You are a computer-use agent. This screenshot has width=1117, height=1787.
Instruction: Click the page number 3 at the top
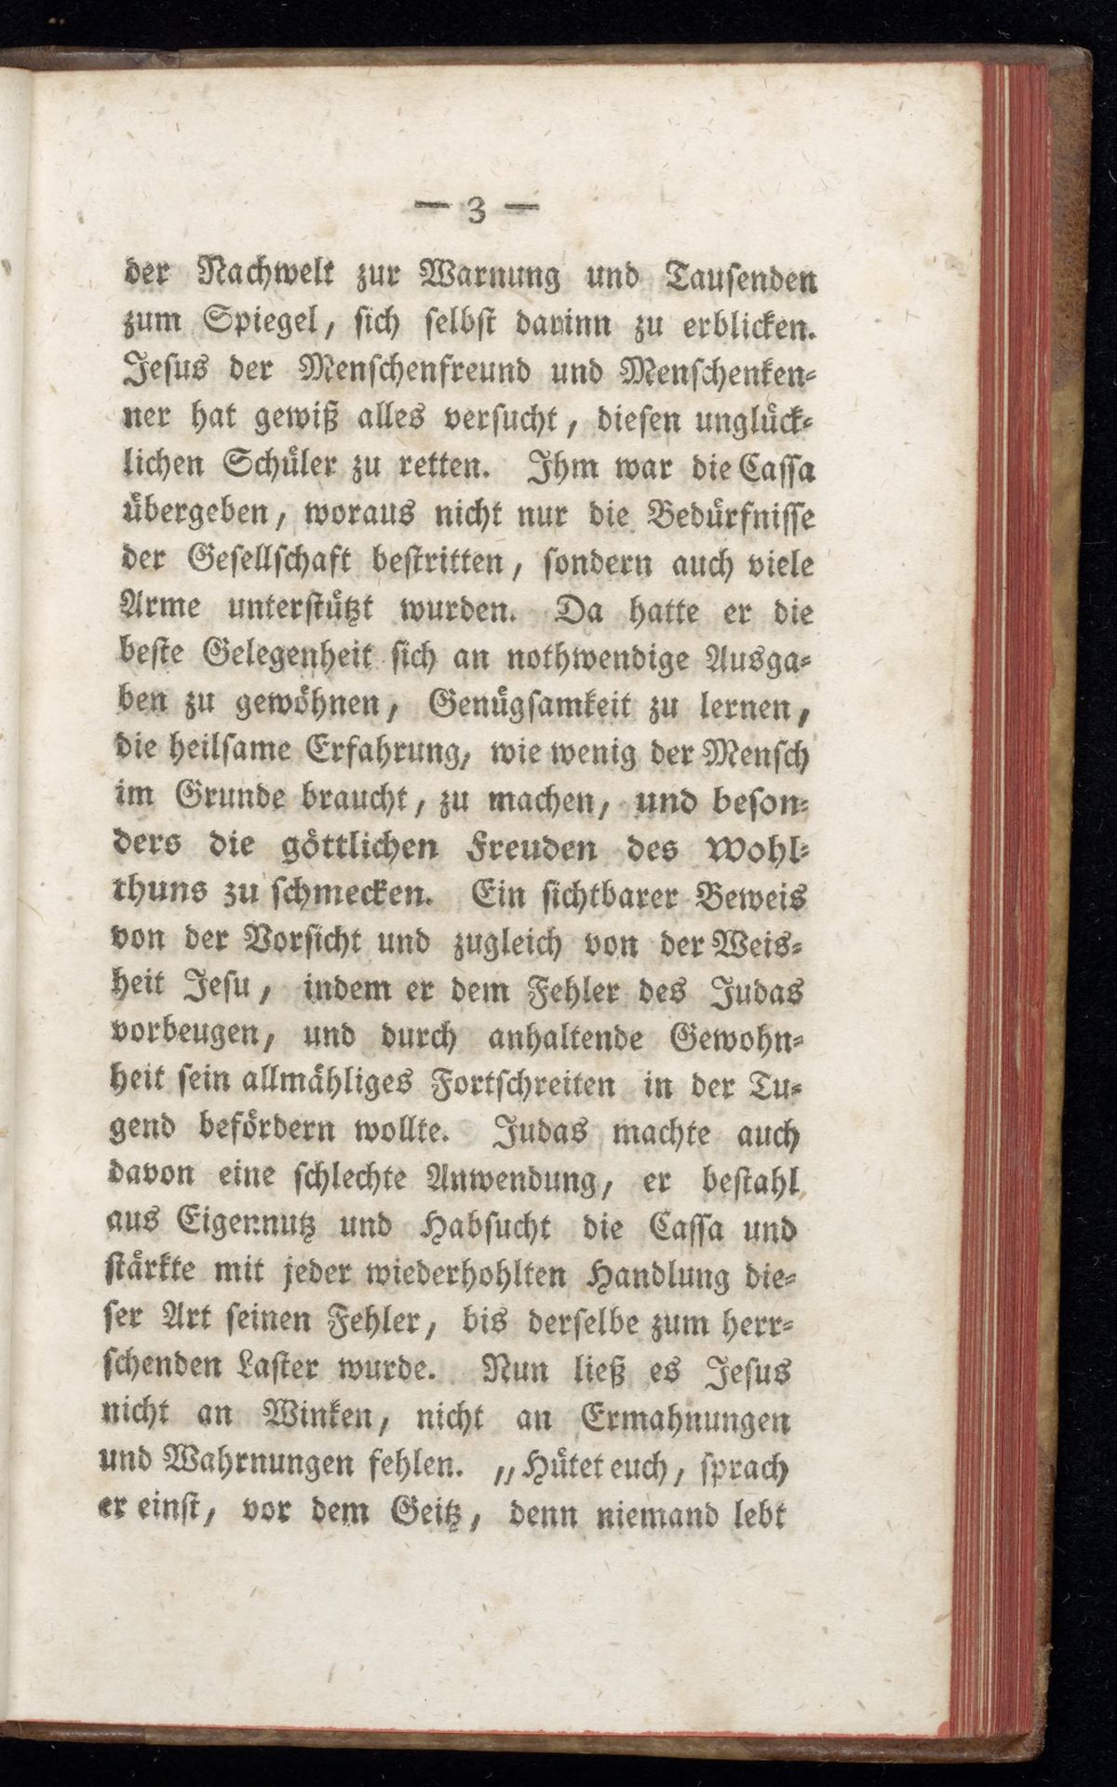476,213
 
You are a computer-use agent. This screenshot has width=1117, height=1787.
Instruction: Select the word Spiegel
258,328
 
